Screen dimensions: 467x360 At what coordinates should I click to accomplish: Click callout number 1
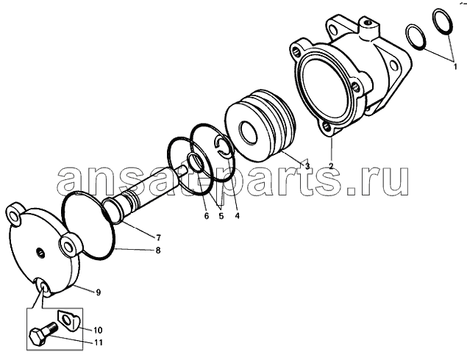(x=454, y=67)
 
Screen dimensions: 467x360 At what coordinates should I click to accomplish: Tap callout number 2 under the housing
(x=331, y=165)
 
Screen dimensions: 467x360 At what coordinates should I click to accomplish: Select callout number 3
(x=307, y=165)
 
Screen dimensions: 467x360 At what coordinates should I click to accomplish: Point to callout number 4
(x=237, y=216)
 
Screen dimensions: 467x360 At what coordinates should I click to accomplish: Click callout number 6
(x=207, y=216)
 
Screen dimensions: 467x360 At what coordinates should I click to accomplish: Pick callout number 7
(x=158, y=238)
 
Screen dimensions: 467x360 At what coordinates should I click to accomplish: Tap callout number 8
(x=158, y=251)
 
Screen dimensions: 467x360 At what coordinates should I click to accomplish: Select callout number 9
(x=98, y=292)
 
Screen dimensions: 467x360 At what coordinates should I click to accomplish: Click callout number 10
(x=98, y=330)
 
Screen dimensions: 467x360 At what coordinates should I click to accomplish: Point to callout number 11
(x=98, y=342)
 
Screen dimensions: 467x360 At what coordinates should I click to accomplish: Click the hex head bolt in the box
(x=43, y=334)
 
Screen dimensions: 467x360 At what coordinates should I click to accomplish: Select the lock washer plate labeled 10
(x=68, y=320)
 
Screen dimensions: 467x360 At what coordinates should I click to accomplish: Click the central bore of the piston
(x=248, y=132)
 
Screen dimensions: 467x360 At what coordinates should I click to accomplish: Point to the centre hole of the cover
(x=40, y=253)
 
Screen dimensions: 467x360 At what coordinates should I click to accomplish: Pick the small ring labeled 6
(x=196, y=163)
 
